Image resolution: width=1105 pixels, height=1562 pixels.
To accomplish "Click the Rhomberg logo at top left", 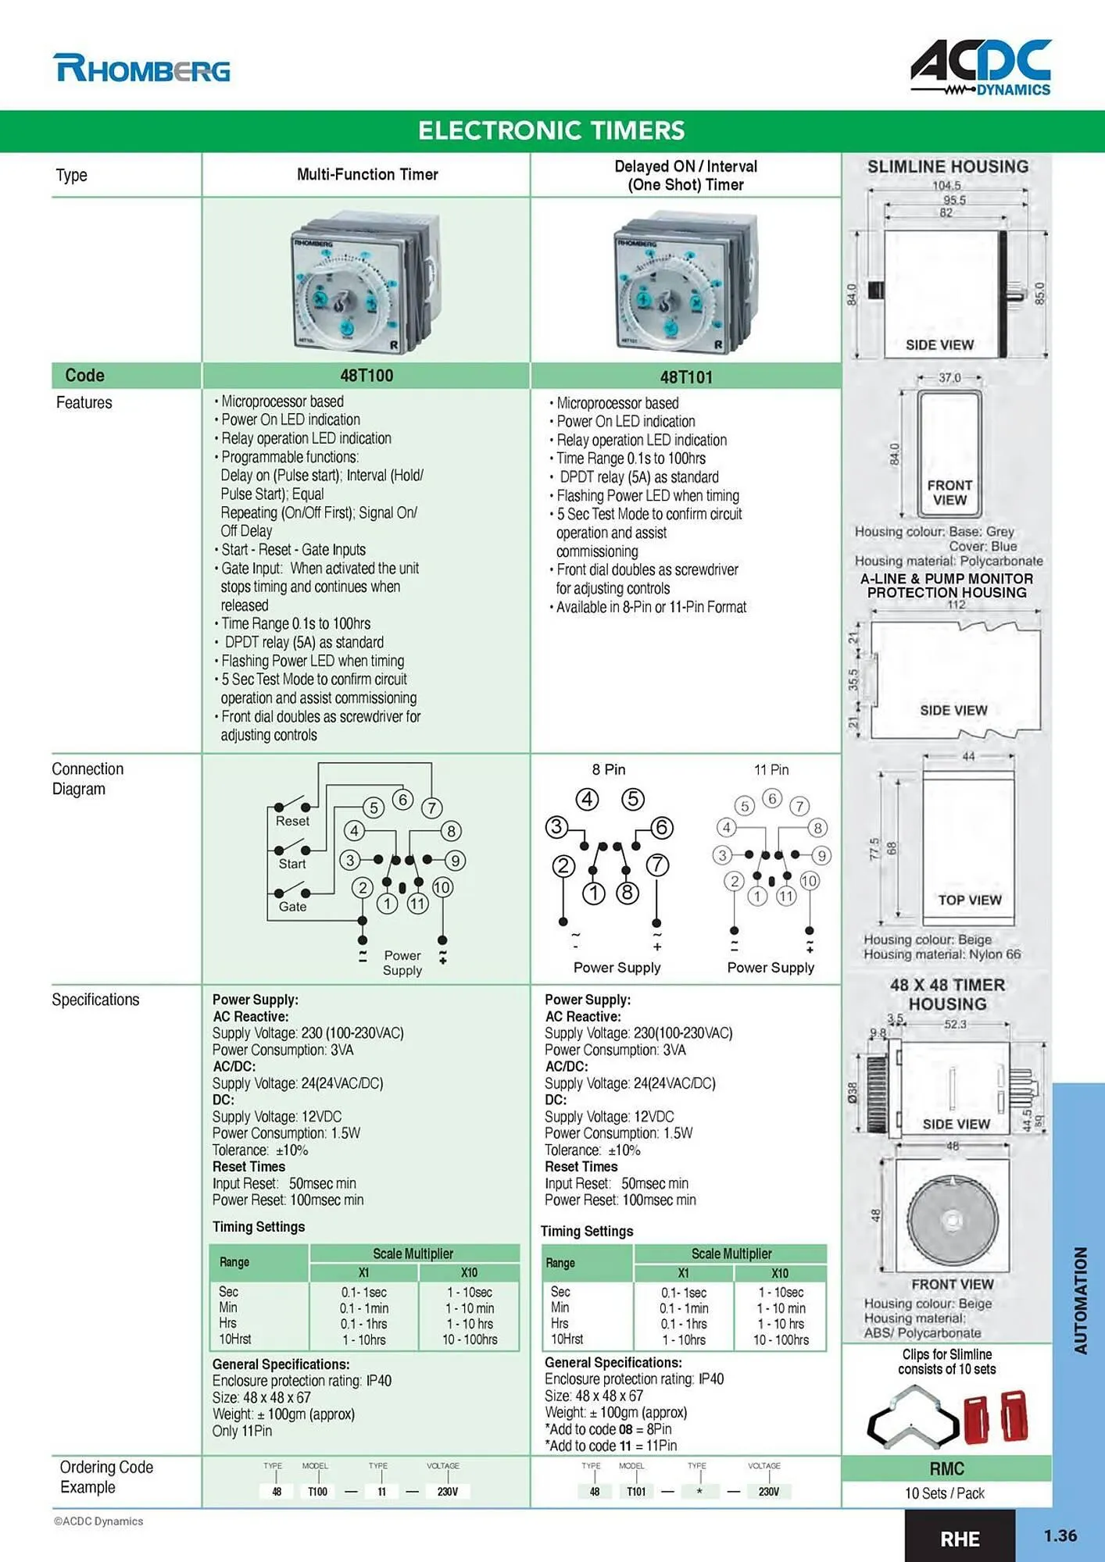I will [x=141, y=69].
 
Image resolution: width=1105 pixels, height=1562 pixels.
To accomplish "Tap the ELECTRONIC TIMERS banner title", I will [x=551, y=130].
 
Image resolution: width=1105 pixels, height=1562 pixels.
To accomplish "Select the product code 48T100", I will [x=367, y=376].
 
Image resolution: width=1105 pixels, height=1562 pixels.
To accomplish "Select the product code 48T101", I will [x=686, y=377].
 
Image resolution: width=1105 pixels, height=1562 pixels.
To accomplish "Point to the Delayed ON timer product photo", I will [x=684, y=281].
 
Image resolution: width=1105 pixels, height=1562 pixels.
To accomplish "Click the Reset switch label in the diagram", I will [x=292, y=821].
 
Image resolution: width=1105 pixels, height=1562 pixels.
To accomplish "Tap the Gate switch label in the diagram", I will [x=292, y=907].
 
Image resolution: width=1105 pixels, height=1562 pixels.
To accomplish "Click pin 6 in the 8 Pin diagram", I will [x=661, y=827].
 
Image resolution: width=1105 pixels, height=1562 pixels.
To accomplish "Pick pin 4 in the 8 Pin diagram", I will [x=587, y=799].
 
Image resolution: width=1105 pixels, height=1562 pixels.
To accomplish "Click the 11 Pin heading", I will [x=771, y=769].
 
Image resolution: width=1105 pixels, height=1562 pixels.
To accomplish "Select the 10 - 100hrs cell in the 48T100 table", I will [x=470, y=1339].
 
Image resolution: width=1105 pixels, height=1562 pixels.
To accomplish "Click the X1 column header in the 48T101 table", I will [x=683, y=1273].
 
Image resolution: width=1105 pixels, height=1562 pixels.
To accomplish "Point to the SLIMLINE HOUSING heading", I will [x=947, y=166].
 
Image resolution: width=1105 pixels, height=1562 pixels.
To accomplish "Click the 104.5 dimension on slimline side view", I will [x=946, y=186].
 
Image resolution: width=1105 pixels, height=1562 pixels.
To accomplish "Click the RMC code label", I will [x=946, y=1469].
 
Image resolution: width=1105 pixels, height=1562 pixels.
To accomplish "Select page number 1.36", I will [x=1060, y=1535].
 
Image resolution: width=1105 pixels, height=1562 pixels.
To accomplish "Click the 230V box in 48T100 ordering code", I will [x=447, y=1491].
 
